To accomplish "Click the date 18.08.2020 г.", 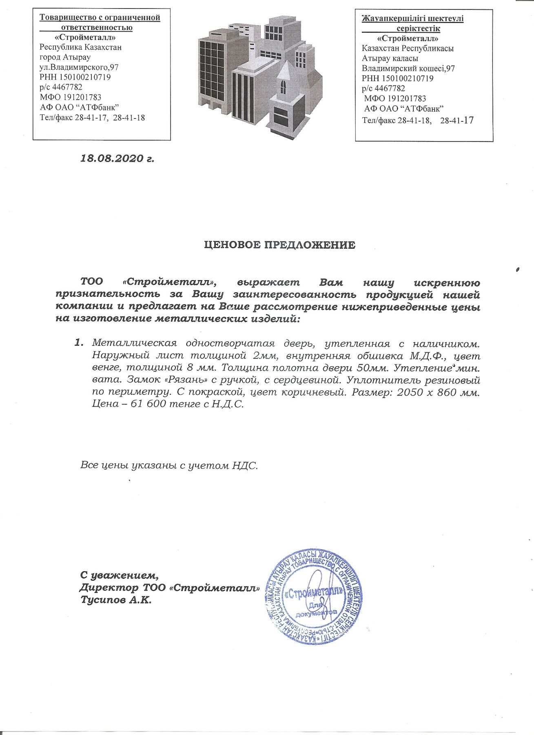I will pos(117,158).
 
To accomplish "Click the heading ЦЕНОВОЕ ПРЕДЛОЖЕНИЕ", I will pos(279,245).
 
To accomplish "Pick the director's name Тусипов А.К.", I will pos(116,600).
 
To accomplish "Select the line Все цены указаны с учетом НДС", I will pos(169,465).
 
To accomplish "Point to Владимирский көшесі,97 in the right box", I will pos(408,68).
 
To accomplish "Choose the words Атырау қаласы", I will pos(390,58).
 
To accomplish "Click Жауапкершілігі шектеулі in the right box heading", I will pos(412,19).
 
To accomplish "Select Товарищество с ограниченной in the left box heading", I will pos(100,18).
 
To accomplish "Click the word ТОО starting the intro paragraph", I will pos(92,282).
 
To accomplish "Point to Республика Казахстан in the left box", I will pos(80,47).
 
